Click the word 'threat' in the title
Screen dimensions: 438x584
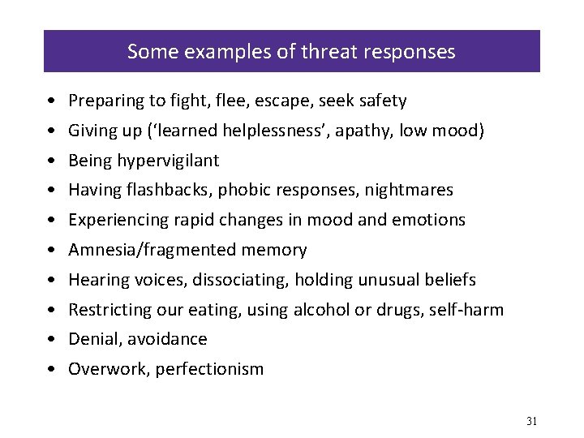pos(328,53)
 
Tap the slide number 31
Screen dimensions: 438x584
pos(532,420)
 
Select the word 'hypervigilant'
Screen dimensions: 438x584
pos(169,161)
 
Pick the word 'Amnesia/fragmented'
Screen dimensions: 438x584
pos(147,250)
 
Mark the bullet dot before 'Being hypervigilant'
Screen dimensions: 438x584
pos(51,161)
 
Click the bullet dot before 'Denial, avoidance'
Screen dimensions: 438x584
pos(51,339)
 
